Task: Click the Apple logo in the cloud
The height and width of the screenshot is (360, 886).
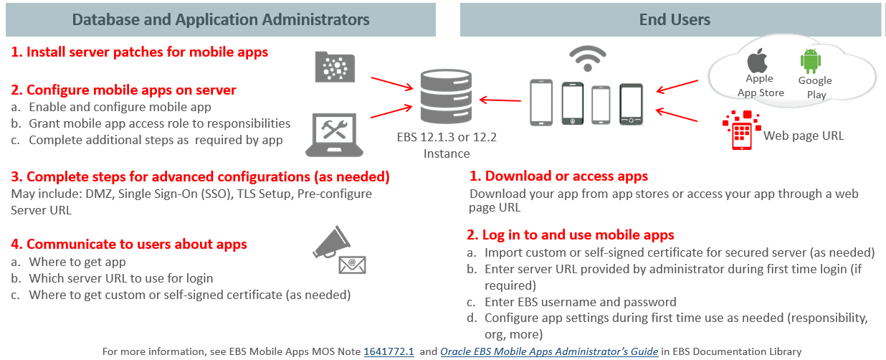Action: click(x=758, y=61)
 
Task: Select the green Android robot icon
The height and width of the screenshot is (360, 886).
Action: click(x=811, y=62)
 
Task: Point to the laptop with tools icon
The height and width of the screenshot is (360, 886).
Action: click(x=335, y=133)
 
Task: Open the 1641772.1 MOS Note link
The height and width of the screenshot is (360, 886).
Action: click(x=389, y=351)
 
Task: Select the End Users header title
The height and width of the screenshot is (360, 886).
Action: click(x=675, y=19)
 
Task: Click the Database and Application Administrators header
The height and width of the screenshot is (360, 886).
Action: click(x=221, y=19)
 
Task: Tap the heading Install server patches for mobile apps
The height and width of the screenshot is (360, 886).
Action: click(x=140, y=52)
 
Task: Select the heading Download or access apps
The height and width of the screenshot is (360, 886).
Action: click(x=558, y=176)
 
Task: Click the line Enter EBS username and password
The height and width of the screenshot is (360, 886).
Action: click(x=580, y=302)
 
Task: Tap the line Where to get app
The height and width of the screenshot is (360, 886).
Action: click(x=77, y=262)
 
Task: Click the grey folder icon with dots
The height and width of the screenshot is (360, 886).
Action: click(x=335, y=67)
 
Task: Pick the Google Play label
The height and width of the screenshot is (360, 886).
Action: click(x=815, y=87)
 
